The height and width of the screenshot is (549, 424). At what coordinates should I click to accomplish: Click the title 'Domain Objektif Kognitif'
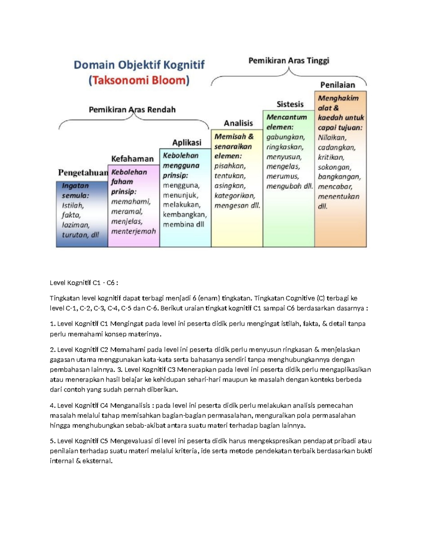tap(139, 65)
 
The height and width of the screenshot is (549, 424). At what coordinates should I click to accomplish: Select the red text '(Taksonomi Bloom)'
tap(139, 81)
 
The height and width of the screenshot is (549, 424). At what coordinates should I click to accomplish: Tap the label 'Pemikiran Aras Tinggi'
tap(289, 60)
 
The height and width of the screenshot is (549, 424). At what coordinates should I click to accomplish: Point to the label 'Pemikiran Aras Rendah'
tap(132, 110)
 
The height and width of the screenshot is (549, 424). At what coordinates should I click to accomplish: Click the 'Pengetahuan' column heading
tap(83, 173)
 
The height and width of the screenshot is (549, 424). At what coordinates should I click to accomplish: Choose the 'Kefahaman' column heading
tap(132, 159)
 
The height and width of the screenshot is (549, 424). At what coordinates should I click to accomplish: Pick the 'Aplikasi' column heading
tap(187, 142)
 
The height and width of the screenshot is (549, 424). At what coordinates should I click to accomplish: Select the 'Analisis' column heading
tap(238, 123)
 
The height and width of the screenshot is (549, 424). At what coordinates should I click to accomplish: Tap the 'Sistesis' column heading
tap(290, 104)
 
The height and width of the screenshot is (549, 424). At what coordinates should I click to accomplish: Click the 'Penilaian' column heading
tap(337, 85)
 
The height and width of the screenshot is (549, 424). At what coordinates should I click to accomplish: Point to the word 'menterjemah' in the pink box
tap(134, 232)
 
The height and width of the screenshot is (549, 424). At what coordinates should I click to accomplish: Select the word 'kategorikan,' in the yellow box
tap(235, 195)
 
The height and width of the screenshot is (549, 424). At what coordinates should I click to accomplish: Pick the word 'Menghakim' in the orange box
tap(338, 98)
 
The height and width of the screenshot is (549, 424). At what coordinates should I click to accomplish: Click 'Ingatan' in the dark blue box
tap(75, 186)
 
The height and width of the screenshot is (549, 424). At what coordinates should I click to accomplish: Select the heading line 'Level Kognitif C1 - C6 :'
tap(84, 283)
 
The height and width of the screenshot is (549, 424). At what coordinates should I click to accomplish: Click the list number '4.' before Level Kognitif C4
tap(53, 405)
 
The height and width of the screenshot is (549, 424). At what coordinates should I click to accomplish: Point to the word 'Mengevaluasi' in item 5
tap(131, 441)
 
